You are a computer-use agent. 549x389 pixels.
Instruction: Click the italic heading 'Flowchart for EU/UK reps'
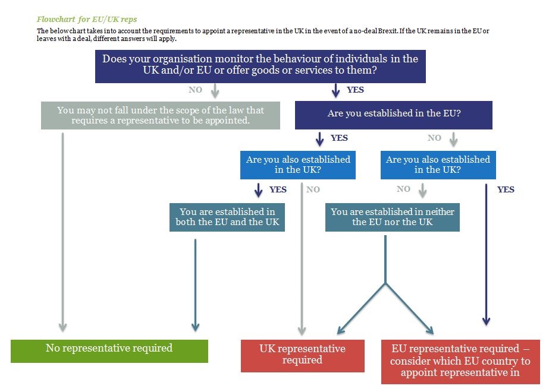tap(87, 19)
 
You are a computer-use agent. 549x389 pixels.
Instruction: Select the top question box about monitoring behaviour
tap(260, 67)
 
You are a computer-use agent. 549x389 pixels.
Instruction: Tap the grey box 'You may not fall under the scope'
tap(161, 115)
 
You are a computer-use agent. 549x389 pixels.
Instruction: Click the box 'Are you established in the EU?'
tap(394, 115)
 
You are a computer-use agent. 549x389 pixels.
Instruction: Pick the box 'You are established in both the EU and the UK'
tap(227, 217)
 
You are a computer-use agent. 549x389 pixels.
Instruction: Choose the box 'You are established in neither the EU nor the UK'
tap(392, 217)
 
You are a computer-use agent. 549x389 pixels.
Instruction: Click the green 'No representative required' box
tap(109, 351)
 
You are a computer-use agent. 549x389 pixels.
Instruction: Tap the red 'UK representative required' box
tap(303, 356)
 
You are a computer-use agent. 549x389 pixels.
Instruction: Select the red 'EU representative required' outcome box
tap(460, 362)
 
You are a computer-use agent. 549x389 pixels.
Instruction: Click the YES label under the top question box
tap(355, 90)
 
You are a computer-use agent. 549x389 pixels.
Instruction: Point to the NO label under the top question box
tap(195, 90)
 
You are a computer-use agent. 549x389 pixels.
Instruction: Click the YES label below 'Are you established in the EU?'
tap(339, 138)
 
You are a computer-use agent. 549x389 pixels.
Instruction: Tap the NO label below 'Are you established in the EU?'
tap(434, 138)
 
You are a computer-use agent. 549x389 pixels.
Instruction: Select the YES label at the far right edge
tap(506, 189)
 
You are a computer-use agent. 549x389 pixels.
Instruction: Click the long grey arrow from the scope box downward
tap(62, 232)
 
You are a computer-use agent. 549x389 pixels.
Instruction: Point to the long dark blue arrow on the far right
tap(486, 255)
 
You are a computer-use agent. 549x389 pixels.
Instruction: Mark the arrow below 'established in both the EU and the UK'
tap(195, 285)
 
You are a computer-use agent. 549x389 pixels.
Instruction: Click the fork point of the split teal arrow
tap(385, 283)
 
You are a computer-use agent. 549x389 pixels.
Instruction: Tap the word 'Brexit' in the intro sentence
tap(388, 31)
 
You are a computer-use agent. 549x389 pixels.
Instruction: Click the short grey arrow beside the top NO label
tap(215, 90)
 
